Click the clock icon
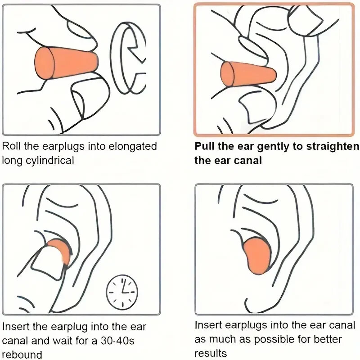pos(122,292)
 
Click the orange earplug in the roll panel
pos(66,63)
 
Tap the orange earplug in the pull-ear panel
pos(248,74)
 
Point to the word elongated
pos(132,147)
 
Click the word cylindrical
pos(50,161)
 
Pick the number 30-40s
pos(117,341)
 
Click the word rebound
pos(22,355)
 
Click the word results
pos(211,353)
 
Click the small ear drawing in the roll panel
pos(128,58)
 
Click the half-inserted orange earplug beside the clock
pos(60,250)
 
